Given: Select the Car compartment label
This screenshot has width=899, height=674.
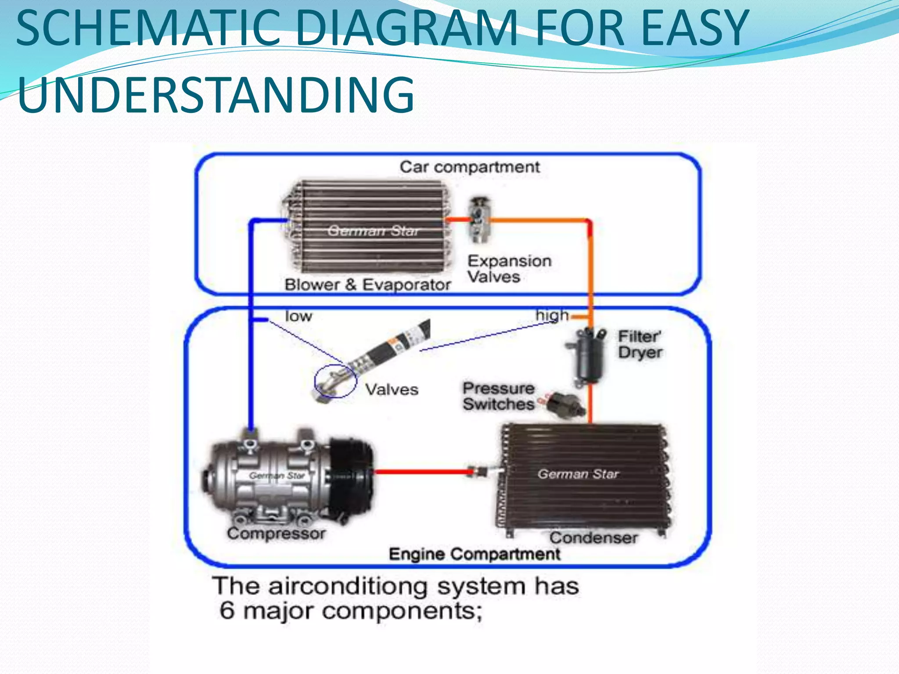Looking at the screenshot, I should point(469,167).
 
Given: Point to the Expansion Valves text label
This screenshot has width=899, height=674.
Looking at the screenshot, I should point(509,269).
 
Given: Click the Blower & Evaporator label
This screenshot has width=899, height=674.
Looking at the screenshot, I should point(367,285).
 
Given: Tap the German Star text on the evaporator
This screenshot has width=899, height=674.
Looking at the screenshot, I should point(373,231).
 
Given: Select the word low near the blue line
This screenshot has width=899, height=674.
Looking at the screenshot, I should point(298,316).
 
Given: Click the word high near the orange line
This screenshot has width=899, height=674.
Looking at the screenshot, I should point(552,315).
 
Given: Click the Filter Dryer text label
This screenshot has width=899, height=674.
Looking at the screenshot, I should point(640,344).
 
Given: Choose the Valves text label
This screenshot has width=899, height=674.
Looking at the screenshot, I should point(392,390).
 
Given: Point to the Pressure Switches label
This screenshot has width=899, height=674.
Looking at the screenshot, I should point(499,396).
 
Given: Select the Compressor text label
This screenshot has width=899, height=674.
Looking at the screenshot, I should point(276,534).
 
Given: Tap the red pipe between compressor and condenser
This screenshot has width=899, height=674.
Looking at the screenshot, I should point(421,472).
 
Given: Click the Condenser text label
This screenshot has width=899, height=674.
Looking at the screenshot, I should point(593,538).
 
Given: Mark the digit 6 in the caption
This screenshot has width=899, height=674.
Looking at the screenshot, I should point(227,610).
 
